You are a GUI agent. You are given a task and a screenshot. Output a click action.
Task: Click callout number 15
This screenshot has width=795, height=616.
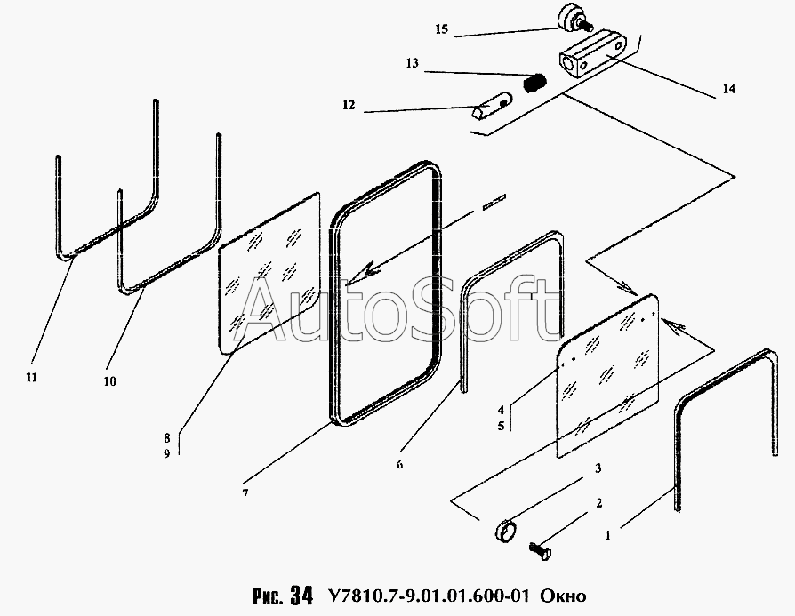(x=441, y=29)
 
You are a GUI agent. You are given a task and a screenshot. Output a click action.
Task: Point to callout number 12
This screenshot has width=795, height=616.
(x=348, y=105)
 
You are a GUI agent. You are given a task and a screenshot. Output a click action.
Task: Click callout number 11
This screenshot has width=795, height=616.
(x=31, y=378)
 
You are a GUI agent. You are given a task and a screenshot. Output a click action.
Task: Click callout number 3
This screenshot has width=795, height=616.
(x=598, y=468)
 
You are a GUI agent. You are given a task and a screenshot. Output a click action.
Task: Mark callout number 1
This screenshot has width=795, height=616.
(x=607, y=536)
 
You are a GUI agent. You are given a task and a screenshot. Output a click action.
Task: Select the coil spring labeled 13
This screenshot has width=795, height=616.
(x=534, y=84)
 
